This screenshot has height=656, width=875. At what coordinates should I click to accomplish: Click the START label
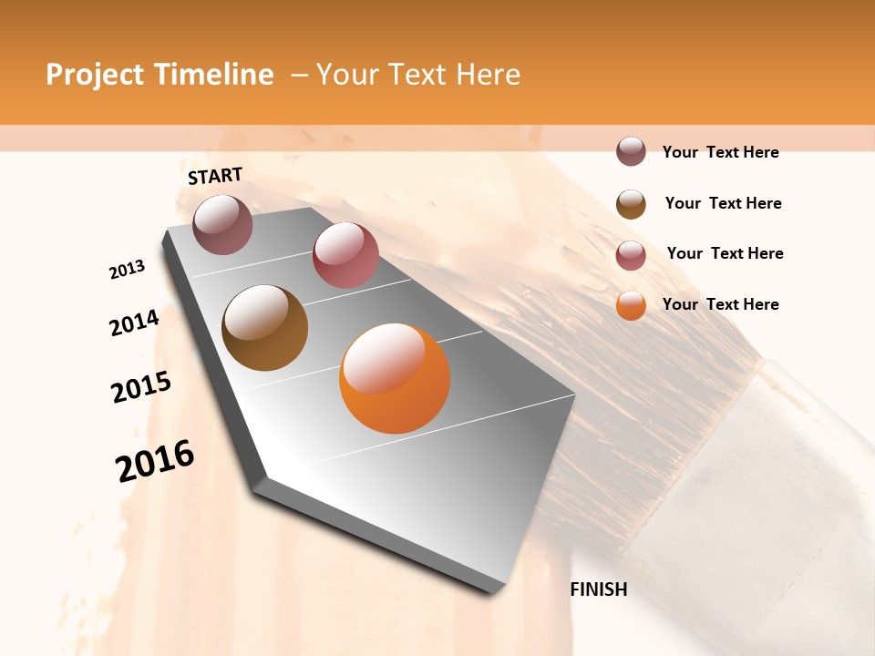pos(215,176)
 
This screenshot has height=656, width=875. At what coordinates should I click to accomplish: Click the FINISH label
pos(598,589)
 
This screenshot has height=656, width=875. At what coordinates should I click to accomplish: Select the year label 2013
pos(128,269)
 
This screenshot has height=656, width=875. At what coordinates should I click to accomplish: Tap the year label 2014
pos(134,323)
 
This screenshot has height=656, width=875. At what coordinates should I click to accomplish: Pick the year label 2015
pos(141,387)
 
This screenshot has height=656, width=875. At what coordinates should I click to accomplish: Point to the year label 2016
pos(155,460)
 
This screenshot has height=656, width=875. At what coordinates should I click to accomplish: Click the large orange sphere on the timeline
pos(395,378)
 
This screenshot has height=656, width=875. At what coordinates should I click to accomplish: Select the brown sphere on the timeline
pos(264,328)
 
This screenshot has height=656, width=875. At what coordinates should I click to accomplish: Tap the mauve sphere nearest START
pos(222,224)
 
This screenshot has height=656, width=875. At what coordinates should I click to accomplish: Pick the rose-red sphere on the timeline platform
pos(345,255)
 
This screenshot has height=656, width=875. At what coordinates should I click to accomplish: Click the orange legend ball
pos(631,305)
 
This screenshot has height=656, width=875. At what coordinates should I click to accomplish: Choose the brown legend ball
pos(631,204)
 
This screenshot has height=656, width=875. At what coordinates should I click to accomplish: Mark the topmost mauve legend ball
pos(631,151)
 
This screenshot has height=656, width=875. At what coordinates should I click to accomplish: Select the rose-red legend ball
pos(631,255)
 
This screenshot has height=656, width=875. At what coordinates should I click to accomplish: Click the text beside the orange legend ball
pos(720,304)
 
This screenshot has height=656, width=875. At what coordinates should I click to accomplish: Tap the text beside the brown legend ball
pos(723,203)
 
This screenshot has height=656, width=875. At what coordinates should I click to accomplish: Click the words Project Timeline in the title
pos(160,75)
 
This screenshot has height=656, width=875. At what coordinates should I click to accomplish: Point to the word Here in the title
pos(488,75)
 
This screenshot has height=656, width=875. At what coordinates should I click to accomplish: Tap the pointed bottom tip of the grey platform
pos(492,590)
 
